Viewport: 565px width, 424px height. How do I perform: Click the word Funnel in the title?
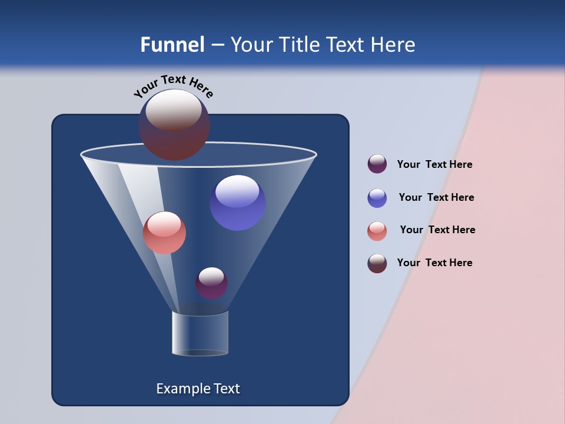pos(172,45)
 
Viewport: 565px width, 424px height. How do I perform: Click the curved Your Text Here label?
pos(173,85)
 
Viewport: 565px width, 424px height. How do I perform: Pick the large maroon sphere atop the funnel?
pos(174,125)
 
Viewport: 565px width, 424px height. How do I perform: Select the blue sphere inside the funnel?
pos(237,203)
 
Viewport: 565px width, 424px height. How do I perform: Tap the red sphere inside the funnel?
pos(164,233)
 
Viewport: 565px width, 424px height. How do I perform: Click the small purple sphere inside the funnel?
pos(211,283)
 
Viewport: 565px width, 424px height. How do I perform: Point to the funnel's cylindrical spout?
pos(200,333)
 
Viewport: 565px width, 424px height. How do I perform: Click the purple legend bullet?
pos(377,164)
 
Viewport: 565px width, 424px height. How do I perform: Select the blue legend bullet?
pos(377,198)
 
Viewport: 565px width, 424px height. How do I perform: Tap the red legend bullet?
pos(377,231)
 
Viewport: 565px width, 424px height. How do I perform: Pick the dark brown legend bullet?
pos(377,263)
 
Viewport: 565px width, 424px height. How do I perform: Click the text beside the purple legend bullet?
pos(434,165)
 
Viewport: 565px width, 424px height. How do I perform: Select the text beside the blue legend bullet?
pos(436,197)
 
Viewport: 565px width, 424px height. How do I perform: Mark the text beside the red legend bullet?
pos(437,230)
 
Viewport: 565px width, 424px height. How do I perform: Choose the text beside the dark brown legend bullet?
pos(434,263)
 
